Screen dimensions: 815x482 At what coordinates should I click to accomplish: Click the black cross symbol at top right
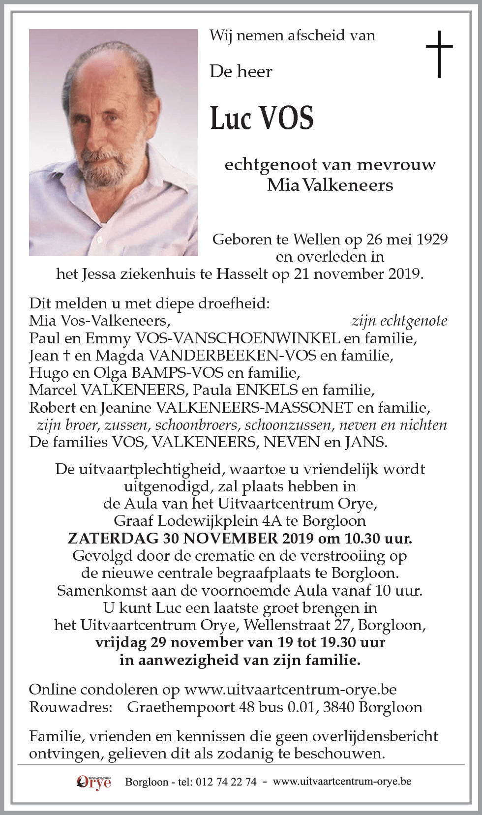(439, 54)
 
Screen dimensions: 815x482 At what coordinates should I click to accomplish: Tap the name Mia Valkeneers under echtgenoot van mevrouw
(330, 185)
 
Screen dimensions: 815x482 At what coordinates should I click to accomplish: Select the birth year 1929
(431, 239)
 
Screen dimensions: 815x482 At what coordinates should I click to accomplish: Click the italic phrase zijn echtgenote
(399, 321)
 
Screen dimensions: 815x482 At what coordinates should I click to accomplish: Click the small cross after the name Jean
(70, 355)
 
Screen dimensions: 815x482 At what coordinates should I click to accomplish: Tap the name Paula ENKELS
(245, 390)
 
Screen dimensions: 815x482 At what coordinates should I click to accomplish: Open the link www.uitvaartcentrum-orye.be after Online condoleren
(291, 690)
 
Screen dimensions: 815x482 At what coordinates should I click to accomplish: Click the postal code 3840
(338, 707)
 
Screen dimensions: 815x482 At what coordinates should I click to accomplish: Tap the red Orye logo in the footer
(94, 781)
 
